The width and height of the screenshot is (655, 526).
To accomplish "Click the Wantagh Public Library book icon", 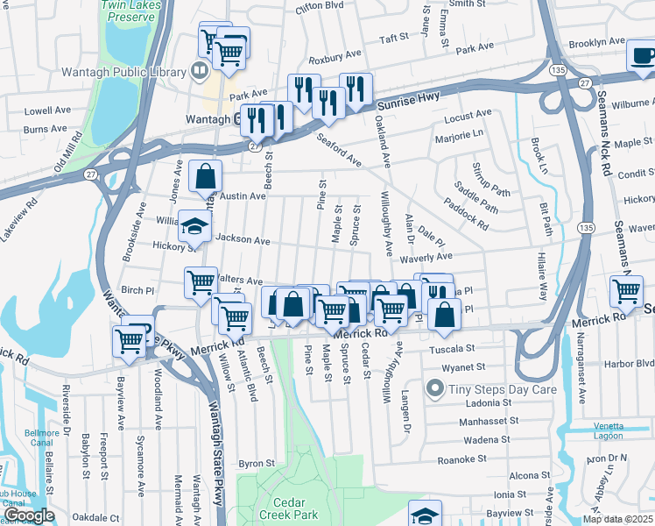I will [x=200, y=71].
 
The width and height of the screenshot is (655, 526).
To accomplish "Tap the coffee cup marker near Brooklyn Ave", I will [x=644, y=57].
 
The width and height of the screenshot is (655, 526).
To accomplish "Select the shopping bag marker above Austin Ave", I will [x=204, y=177].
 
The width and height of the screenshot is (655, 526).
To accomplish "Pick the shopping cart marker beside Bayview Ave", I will [x=129, y=340].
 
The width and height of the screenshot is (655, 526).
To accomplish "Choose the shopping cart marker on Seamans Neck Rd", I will [x=627, y=291].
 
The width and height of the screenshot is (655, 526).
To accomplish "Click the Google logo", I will [x=29, y=515].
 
